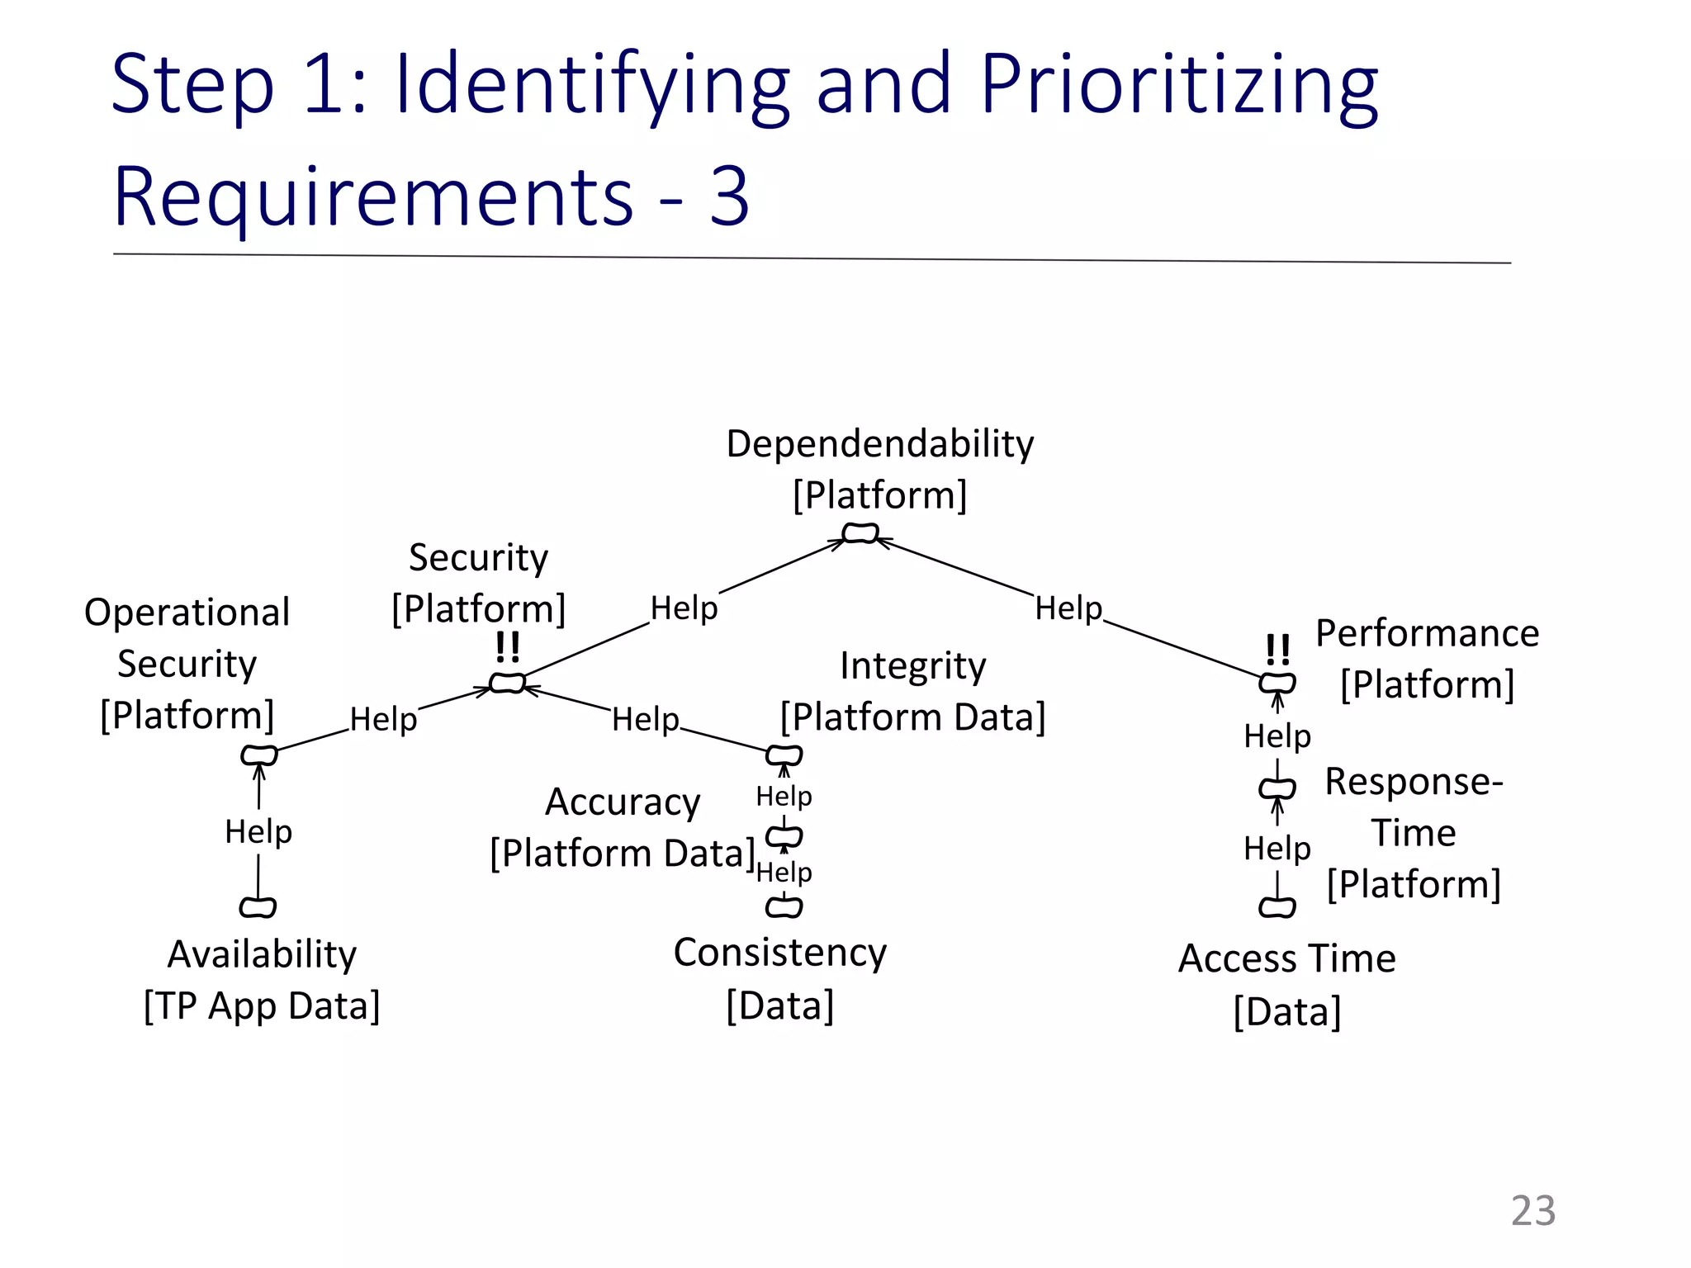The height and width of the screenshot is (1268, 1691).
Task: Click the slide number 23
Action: pos(1532,1211)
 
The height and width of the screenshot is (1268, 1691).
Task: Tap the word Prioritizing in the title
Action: pos(1178,85)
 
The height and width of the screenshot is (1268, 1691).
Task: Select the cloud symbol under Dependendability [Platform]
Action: pos(860,534)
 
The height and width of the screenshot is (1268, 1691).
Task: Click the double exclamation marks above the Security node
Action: pos(508,647)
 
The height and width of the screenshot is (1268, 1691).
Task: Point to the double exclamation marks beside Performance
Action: pos(1277,650)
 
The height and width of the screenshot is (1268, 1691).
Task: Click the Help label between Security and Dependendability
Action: pos(684,608)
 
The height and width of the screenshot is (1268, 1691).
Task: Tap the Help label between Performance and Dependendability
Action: pos(1068,608)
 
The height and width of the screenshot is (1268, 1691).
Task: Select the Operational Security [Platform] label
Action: pos(187,663)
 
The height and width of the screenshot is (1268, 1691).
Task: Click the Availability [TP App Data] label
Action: pos(262,980)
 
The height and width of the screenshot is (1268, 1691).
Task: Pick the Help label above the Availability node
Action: pos(258,831)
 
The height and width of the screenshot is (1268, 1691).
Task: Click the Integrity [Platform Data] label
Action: pos(912,691)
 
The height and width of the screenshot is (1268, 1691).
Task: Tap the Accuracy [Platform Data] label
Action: pos(623,827)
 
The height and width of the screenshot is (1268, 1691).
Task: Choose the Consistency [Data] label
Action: pos(779,978)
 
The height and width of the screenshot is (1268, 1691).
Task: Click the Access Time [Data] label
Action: pos(1286,984)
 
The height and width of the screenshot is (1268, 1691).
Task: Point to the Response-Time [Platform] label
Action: pos(1414,832)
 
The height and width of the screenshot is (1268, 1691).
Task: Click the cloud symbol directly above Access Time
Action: pos(1277,907)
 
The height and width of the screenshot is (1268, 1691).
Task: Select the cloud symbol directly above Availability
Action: pos(258,907)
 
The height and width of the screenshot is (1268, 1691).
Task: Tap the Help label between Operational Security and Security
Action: pos(383,719)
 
